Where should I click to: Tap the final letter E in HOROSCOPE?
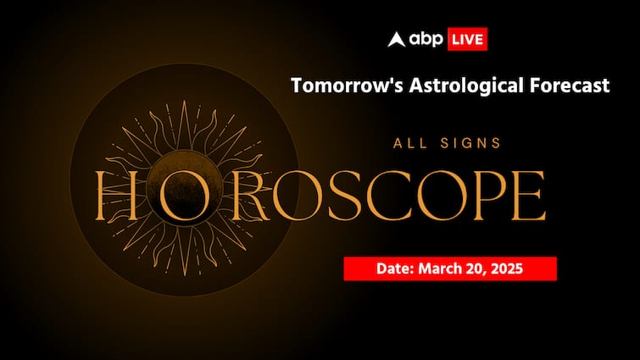coord(518,195)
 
